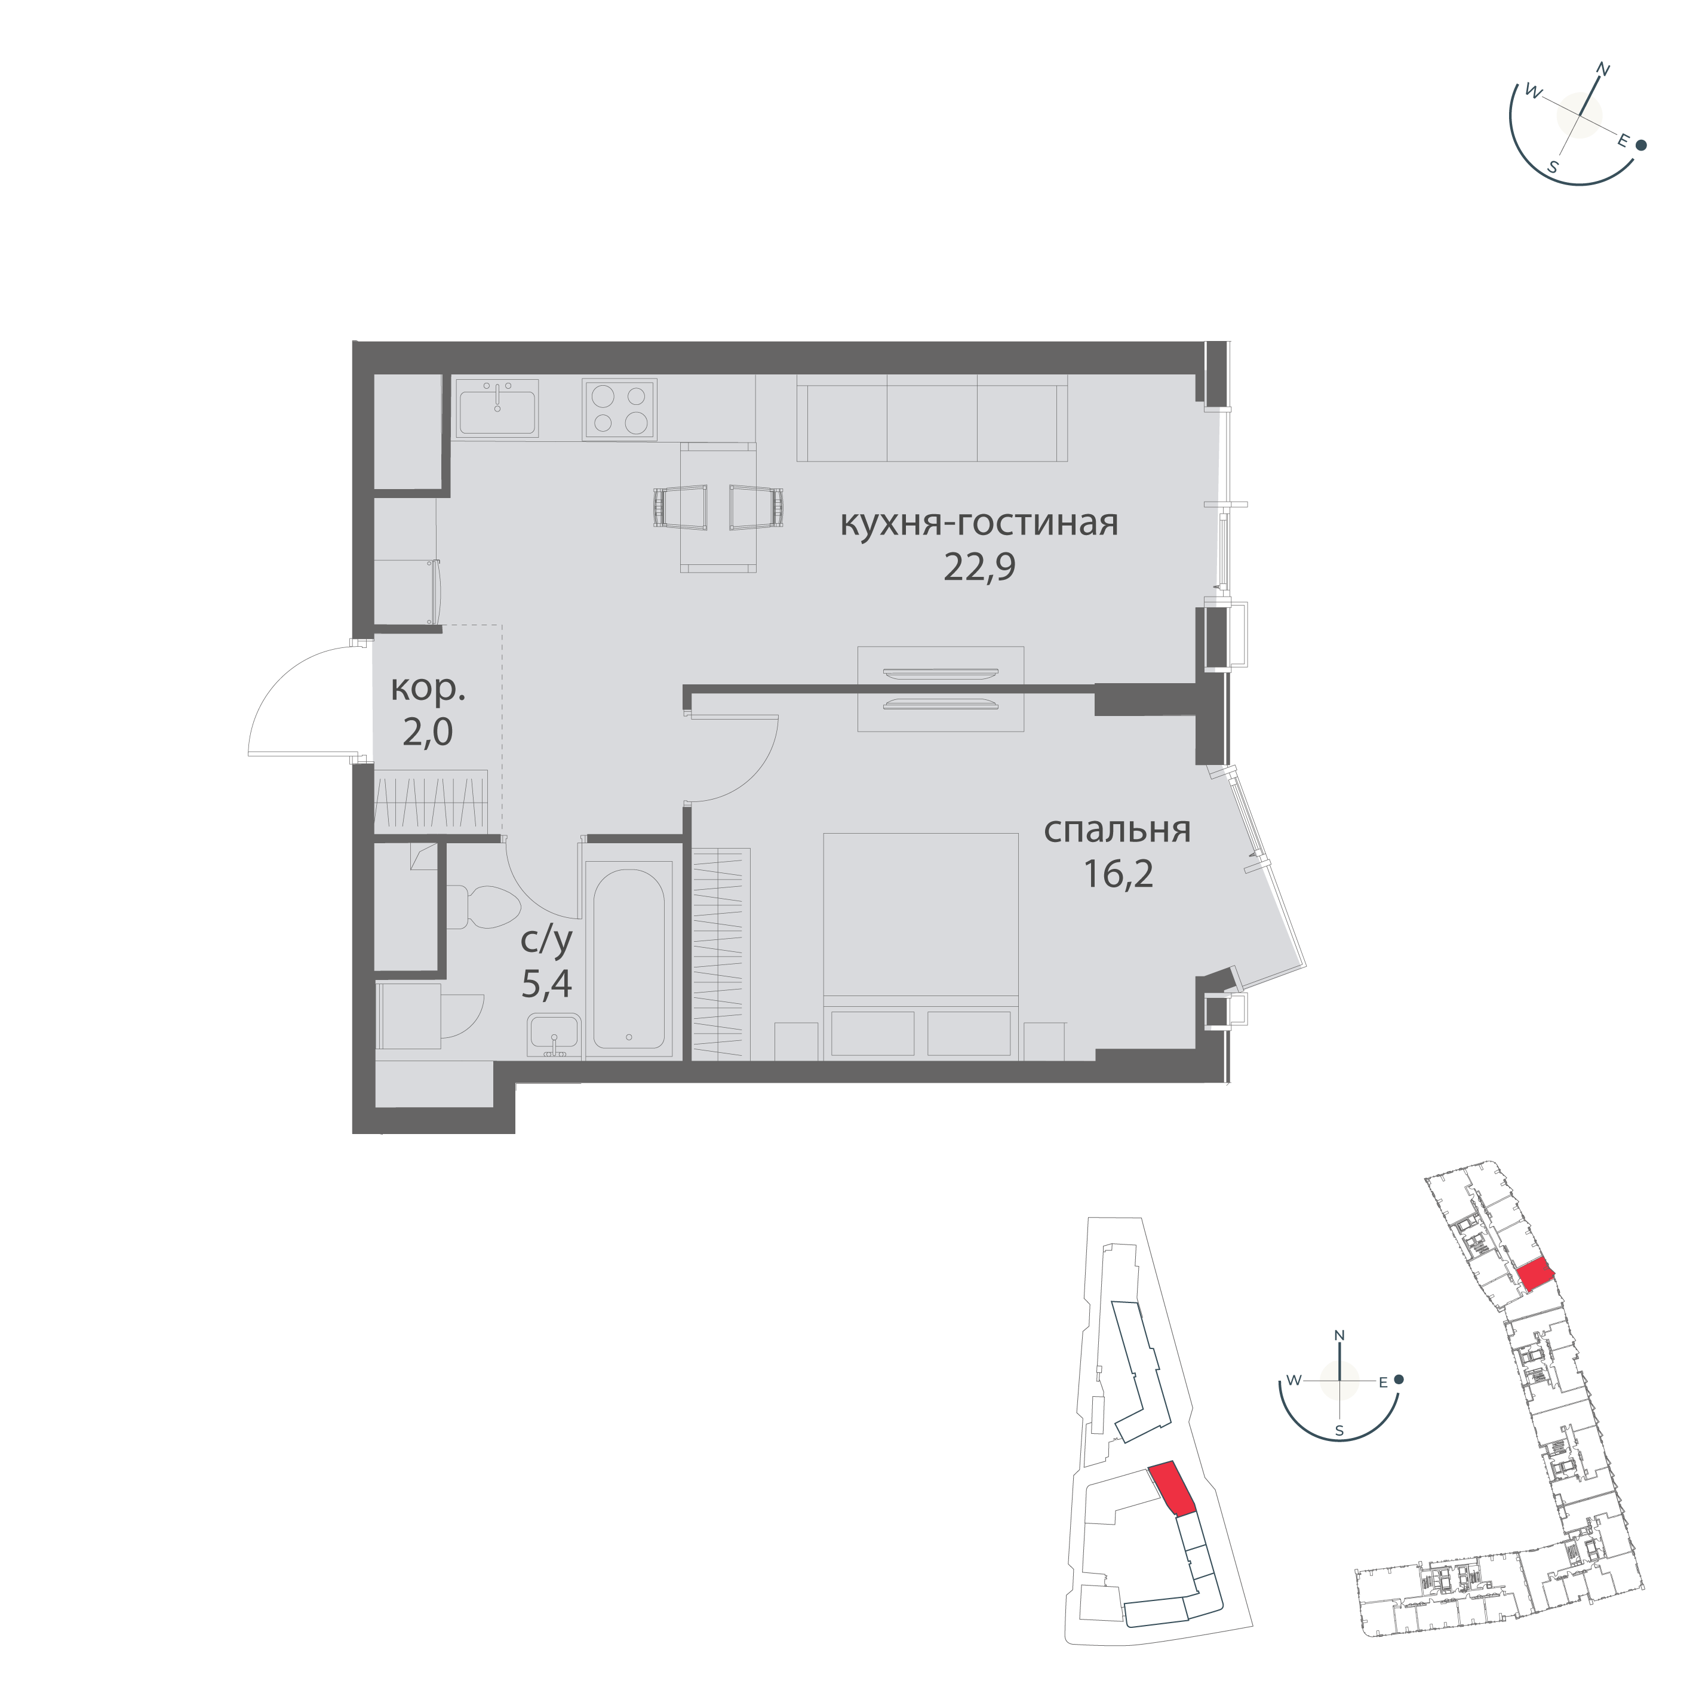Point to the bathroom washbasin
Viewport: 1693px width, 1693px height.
[553, 1034]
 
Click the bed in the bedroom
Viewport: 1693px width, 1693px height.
[921, 947]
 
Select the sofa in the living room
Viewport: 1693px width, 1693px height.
[932, 418]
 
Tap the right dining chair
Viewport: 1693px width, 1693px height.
[757, 508]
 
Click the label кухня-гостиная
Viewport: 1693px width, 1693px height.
[979, 523]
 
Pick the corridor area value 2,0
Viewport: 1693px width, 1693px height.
[428, 732]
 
